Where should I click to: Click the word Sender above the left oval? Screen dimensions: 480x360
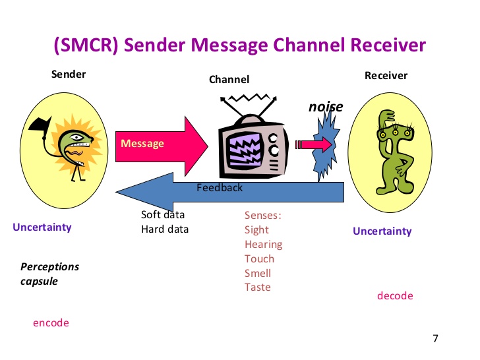[69, 74]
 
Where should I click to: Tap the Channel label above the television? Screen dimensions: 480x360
[229, 80]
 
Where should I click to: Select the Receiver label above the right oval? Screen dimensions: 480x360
[386, 76]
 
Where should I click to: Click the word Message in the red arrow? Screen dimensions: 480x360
[142, 143]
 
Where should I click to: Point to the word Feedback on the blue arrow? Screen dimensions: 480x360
[220, 187]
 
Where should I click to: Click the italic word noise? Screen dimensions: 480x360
[326, 107]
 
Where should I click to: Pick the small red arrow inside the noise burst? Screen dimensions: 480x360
[313, 144]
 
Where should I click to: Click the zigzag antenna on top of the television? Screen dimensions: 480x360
[249, 98]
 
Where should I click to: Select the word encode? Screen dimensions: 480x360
[51, 322]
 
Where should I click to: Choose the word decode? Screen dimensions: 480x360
[395, 295]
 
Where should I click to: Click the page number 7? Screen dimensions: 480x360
[435, 338]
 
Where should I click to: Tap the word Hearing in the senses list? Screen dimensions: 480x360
[263, 244]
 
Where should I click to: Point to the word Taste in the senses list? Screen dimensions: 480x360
[257, 287]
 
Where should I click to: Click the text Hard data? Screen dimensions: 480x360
[165, 229]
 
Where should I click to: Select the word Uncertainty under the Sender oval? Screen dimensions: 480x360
[42, 227]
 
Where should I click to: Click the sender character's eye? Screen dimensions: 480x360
[76, 137]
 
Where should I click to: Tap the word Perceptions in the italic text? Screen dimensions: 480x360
[49, 267]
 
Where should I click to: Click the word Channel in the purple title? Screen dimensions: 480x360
[309, 45]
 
